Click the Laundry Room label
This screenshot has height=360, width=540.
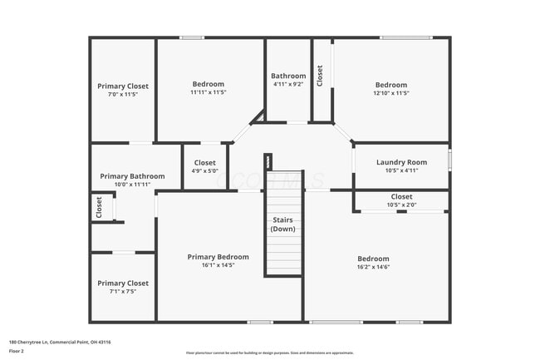(401, 162)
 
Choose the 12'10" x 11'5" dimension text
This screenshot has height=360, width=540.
(390, 93)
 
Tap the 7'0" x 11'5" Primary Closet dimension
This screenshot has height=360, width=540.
(122, 94)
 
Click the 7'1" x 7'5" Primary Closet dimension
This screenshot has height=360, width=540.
(122, 291)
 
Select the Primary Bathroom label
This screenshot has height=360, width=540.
(132, 176)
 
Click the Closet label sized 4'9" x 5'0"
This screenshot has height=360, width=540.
(204, 163)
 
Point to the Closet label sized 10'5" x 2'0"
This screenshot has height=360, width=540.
(401, 197)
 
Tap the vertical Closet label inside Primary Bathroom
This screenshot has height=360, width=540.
(99, 206)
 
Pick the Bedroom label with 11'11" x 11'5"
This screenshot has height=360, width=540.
(209, 84)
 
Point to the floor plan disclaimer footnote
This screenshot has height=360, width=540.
(269, 353)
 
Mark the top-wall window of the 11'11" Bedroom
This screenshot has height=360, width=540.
(193, 37)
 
